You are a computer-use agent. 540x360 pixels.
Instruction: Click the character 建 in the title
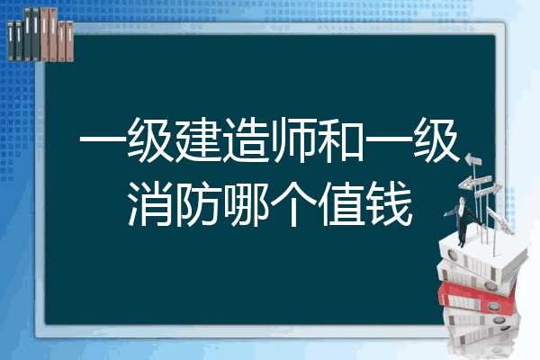[198, 139]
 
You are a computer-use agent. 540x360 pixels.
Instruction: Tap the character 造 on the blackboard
[245, 139]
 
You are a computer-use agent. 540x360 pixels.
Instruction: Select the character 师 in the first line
[293, 139]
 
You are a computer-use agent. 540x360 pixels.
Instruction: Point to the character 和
[341, 139]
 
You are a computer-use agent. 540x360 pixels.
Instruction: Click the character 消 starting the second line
[150, 204]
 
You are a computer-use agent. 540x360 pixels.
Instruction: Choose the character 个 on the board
[293, 204]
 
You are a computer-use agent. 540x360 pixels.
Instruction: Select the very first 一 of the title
[103, 139]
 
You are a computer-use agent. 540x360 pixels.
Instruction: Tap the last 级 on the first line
[436, 139]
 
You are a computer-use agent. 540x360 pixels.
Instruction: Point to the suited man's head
[463, 200]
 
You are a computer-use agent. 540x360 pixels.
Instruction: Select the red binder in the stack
[477, 297]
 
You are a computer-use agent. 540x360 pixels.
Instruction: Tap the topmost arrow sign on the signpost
[473, 160]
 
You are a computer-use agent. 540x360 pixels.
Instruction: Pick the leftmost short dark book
[11, 40]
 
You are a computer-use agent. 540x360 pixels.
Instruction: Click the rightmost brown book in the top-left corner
[69, 41]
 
